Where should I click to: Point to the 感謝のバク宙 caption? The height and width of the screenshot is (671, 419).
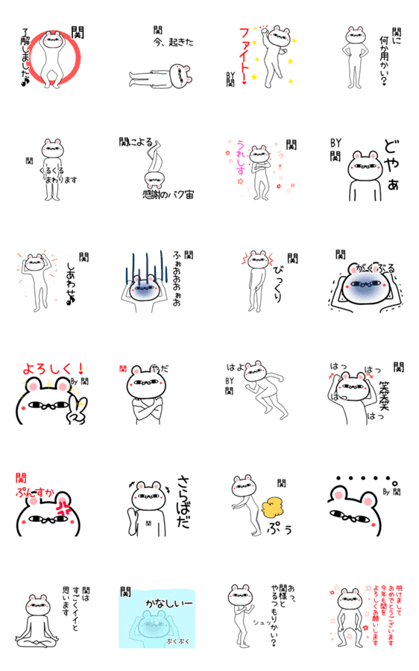click(x=168, y=195)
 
